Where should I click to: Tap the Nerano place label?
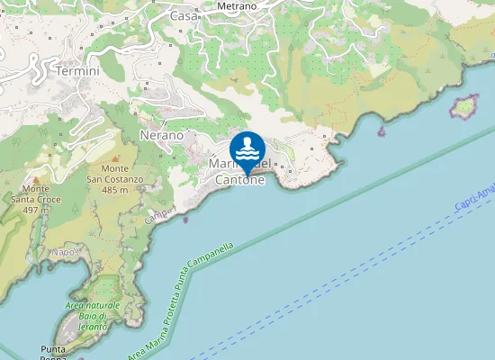tap(162, 135)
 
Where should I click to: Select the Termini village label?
tap(76, 71)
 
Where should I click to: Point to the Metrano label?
tap(238, 6)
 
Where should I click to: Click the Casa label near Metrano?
tap(184, 15)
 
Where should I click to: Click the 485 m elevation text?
tap(114, 190)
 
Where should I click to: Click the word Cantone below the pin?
tap(240, 180)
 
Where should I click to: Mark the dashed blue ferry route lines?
tap(360, 270)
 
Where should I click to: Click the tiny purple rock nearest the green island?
tap(382, 131)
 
